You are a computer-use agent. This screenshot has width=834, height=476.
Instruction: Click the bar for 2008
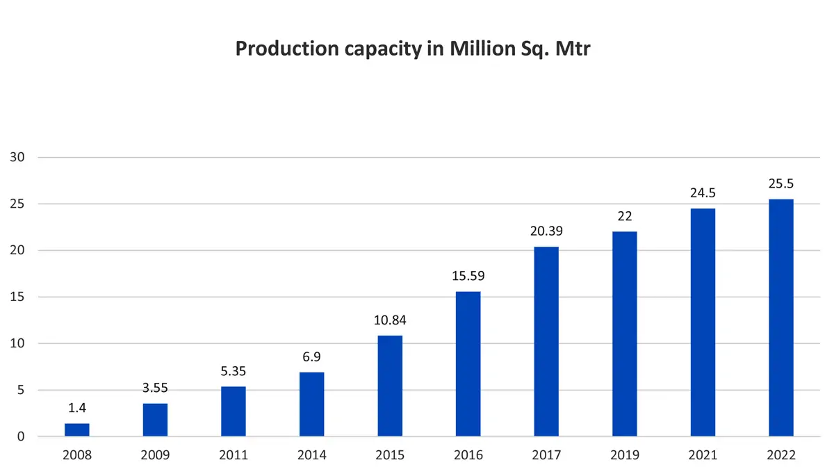tap(76, 430)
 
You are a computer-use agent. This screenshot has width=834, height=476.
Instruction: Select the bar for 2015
tap(390, 386)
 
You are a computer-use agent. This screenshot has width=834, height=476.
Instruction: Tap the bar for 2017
tap(546, 342)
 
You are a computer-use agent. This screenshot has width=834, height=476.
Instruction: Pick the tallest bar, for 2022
tap(781, 318)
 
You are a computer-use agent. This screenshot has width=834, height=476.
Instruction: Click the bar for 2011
tap(234, 411)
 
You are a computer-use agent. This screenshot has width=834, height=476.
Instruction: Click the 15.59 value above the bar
tap(468, 276)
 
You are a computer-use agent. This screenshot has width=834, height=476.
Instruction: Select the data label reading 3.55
tap(155, 388)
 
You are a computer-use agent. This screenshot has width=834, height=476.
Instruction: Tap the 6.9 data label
tap(311, 356)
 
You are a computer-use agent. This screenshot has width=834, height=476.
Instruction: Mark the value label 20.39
tap(546, 231)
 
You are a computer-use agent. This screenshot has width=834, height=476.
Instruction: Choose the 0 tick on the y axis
tap(21, 437)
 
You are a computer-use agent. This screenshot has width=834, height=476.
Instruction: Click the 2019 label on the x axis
tap(624, 456)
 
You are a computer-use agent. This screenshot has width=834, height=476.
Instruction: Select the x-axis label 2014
tap(311, 456)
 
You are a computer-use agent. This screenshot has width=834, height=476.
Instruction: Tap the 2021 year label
tap(703, 456)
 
